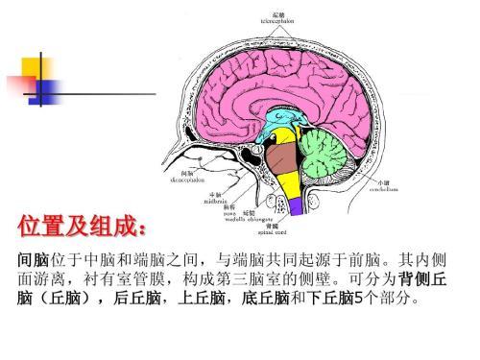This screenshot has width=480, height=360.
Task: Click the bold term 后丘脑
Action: coord(138,299)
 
